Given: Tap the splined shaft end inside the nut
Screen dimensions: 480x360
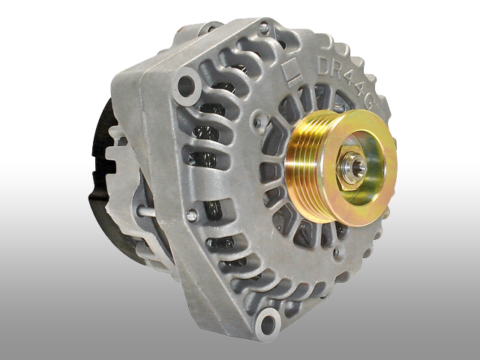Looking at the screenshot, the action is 357,167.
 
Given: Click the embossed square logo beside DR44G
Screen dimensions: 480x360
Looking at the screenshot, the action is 293,72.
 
